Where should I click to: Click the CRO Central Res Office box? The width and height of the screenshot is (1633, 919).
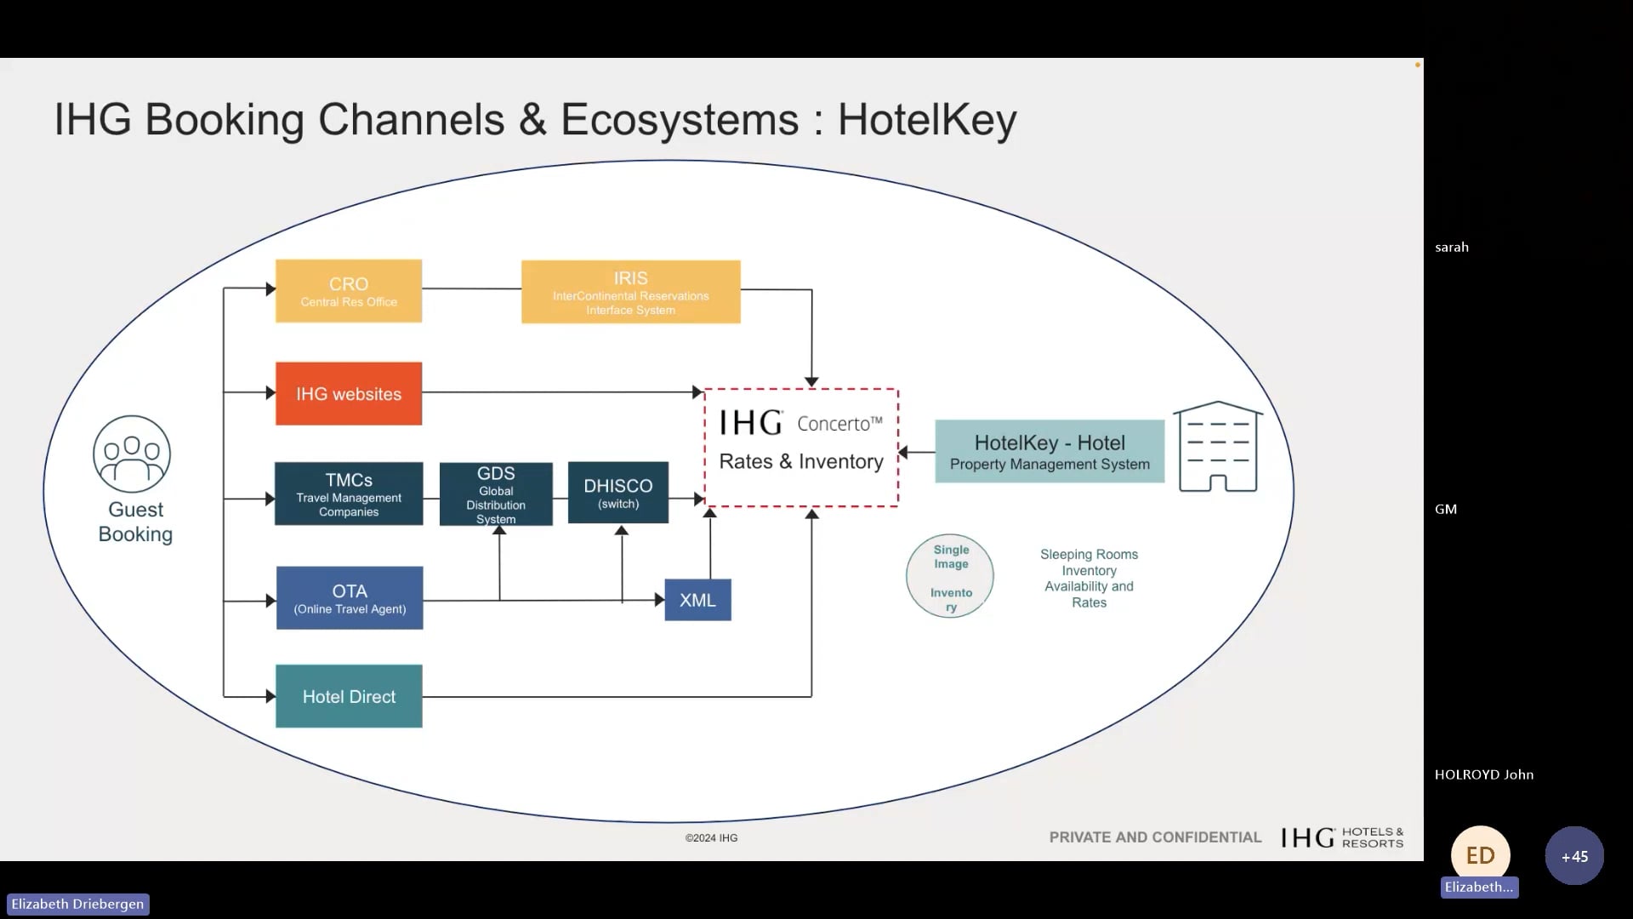pyautogui.click(x=349, y=291)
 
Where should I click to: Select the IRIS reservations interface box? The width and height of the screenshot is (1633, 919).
pyautogui.click(x=630, y=292)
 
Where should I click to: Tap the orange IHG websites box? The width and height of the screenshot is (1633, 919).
pyautogui.click(x=349, y=394)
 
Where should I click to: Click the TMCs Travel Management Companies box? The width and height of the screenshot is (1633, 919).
pyautogui.click(x=349, y=494)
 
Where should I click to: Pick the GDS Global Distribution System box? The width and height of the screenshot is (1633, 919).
pyautogui.click(x=496, y=494)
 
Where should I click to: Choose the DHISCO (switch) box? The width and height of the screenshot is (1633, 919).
pyautogui.click(x=617, y=493)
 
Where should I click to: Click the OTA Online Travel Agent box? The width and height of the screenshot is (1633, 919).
pyautogui.click(x=350, y=598)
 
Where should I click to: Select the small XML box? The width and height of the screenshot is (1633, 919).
pyautogui.click(x=697, y=600)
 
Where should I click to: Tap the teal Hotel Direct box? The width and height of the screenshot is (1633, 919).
pyautogui.click(x=349, y=696)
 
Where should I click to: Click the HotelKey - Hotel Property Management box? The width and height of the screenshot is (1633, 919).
pyautogui.click(x=1050, y=452)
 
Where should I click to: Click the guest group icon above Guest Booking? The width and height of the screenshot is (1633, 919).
pyautogui.click(x=132, y=454)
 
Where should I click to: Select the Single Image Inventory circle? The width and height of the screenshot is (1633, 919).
pyautogui.click(x=950, y=576)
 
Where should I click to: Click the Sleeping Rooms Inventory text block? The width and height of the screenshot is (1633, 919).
pyautogui.click(x=1089, y=578)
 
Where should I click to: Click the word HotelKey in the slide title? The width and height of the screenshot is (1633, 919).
pyautogui.click(x=927, y=119)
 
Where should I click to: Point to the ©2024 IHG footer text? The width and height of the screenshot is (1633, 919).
pyautogui.click(x=711, y=838)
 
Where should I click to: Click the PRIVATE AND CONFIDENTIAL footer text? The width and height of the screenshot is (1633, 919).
pyautogui.click(x=1155, y=837)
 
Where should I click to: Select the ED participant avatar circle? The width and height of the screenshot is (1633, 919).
pyautogui.click(x=1480, y=854)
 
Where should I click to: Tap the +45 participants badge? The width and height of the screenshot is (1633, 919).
pyautogui.click(x=1573, y=856)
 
